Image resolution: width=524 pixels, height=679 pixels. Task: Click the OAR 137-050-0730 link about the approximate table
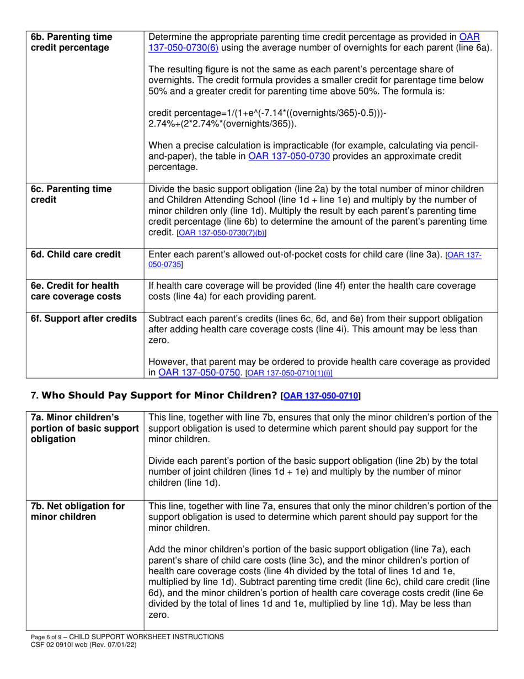point(289,156)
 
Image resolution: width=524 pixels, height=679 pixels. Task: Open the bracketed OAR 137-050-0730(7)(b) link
point(221,234)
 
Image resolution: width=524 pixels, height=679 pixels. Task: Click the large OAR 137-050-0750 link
point(199,373)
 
